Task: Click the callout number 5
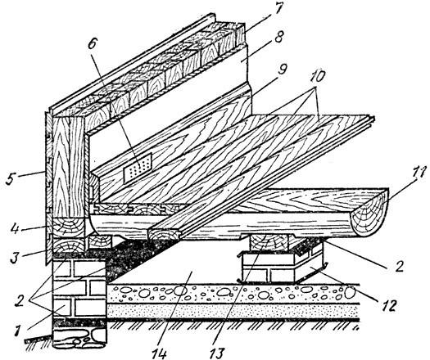[10, 178]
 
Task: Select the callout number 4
[15, 229]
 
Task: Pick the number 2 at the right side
[399, 264]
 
